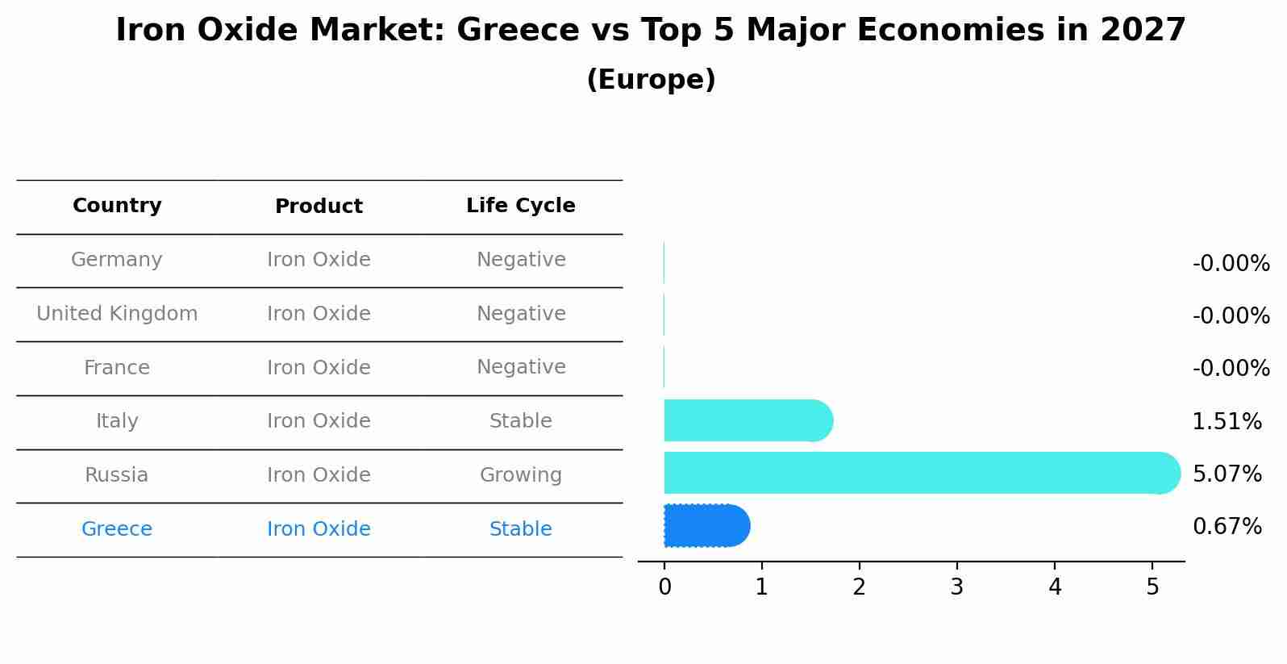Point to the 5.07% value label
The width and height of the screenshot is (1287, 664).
(1227, 474)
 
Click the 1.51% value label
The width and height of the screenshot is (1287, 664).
(1227, 421)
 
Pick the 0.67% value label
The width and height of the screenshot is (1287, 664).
(1227, 527)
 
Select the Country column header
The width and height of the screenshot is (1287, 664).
(117, 206)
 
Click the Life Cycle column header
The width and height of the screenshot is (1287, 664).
(520, 206)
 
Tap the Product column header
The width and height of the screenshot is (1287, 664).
(319, 207)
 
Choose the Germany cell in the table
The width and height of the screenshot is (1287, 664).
(117, 260)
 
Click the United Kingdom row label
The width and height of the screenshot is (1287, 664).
(117, 314)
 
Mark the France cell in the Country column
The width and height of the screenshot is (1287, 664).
(117, 368)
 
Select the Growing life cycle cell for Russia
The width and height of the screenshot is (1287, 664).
(520, 475)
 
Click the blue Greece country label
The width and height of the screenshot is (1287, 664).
(117, 529)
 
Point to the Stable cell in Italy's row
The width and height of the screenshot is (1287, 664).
(520, 421)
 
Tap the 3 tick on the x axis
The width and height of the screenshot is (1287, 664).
(957, 587)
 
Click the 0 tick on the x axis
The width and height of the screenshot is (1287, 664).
(664, 587)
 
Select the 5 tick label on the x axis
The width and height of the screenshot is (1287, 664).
(1152, 587)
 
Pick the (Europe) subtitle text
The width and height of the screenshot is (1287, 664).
(651, 80)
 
